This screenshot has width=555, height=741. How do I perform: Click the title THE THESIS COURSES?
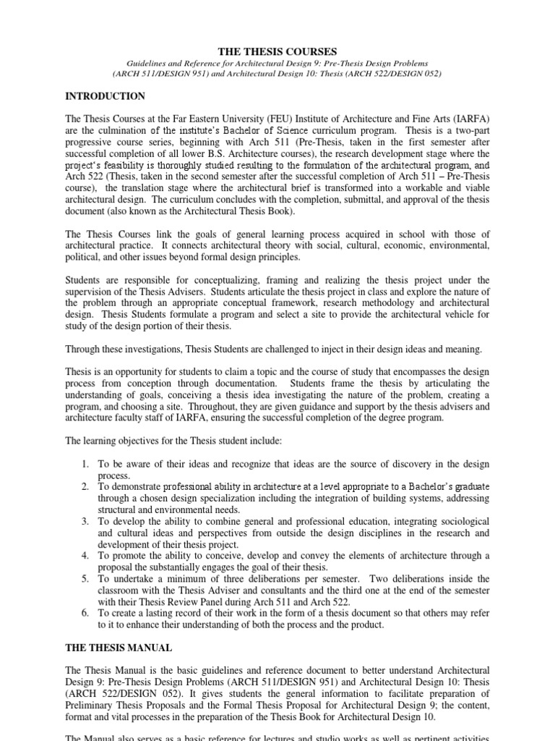click(x=277, y=51)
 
